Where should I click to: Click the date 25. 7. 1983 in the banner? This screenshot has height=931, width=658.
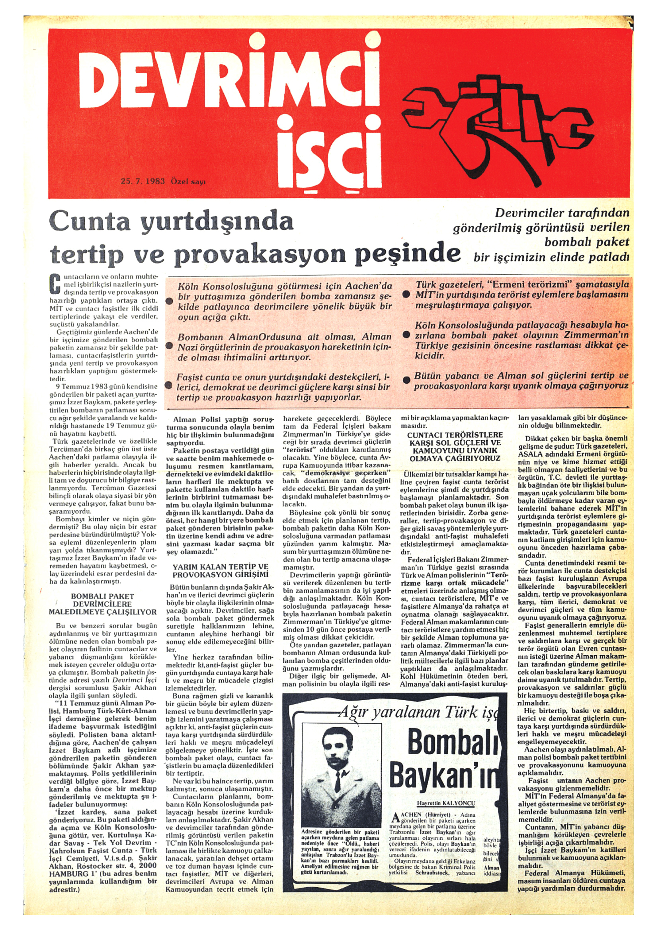pyautogui.click(x=143, y=181)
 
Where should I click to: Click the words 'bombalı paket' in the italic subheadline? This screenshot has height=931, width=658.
pyautogui.click(x=586, y=242)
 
